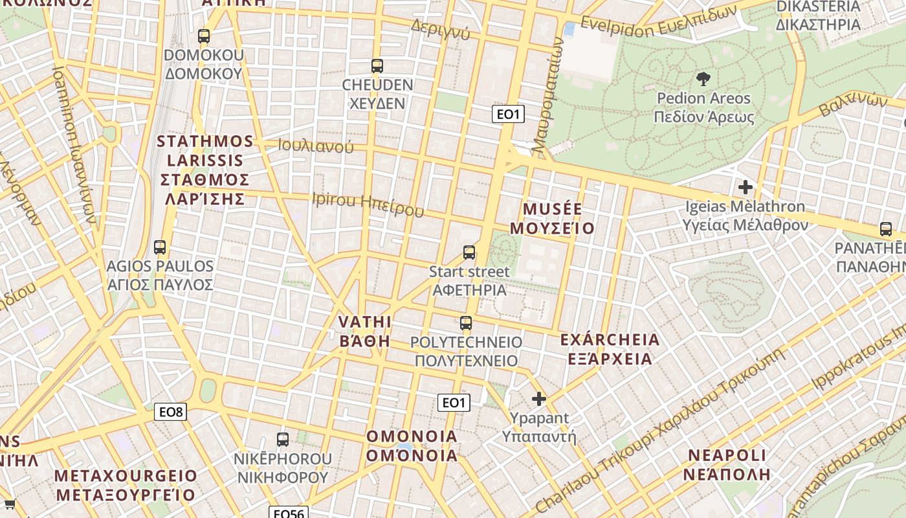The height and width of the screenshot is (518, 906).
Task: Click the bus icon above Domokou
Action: [x=204, y=36]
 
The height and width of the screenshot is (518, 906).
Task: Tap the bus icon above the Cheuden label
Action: [x=377, y=65]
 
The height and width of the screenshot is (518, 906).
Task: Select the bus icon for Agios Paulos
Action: [x=160, y=247]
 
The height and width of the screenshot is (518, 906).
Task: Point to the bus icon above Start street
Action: [x=469, y=253]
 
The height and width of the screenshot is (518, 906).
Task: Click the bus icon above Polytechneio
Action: [x=466, y=322]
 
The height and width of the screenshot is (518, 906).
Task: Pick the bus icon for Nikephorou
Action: [x=283, y=440]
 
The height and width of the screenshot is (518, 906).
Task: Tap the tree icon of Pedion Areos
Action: [x=703, y=79]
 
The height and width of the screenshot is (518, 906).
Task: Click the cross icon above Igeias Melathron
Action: [x=746, y=187]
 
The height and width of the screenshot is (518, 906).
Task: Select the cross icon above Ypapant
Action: [x=539, y=399]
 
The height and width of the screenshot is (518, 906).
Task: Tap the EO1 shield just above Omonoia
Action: [x=453, y=403]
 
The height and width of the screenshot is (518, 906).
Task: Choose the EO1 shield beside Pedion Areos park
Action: [x=507, y=115]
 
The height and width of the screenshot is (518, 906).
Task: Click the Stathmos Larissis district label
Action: [x=205, y=170]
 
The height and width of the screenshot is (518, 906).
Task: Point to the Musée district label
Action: [x=552, y=219]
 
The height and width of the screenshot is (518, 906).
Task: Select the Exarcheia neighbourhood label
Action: [x=610, y=349]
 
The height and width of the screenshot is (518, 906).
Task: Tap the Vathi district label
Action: [x=365, y=332]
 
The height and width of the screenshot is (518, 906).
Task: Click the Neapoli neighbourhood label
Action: [x=727, y=464]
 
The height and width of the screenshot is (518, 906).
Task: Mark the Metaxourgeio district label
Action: [x=125, y=486]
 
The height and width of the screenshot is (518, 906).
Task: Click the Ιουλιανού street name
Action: [x=316, y=146]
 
